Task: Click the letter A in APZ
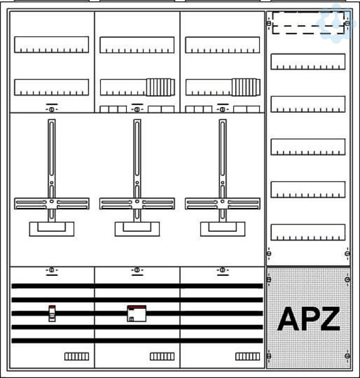coord(288,319)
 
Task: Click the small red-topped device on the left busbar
coord(52,313)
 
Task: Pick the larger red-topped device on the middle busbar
coord(137,313)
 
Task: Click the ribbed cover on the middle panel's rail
coord(161,88)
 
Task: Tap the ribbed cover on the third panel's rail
coord(246,88)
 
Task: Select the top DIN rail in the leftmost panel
coord(52,45)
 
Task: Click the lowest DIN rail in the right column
coord(308,232)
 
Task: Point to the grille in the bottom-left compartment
coord(77,357)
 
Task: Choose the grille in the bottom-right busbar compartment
coord(248,357)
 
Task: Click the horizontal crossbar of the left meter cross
coord(52,203)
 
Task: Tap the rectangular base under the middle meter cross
coord(137,229)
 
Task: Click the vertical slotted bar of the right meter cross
coord(223,171)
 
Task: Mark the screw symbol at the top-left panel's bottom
coord(52,110)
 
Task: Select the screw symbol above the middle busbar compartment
coord(137,270)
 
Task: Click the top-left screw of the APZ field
coord(269,280)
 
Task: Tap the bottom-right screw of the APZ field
coord(347,356)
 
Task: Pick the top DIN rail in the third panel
coord(223,45)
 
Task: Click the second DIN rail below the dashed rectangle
coord(308,104)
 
